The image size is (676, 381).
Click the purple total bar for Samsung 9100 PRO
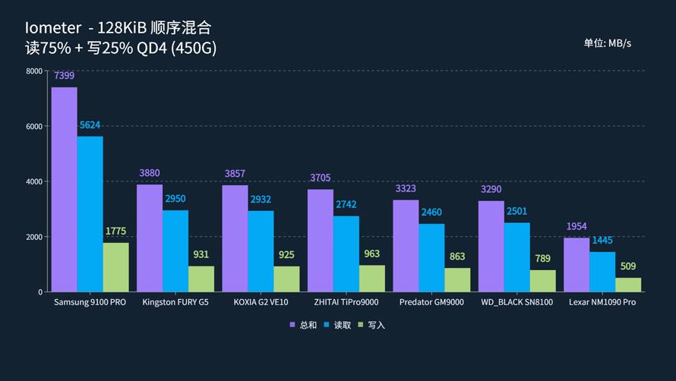64,189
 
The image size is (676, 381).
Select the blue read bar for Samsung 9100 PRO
90,213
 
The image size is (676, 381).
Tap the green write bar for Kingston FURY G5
201,279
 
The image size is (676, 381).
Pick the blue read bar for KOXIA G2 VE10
261,250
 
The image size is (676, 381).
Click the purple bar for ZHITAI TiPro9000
320,240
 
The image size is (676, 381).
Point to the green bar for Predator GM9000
457,279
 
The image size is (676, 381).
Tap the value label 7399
64,76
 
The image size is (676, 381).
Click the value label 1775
116,231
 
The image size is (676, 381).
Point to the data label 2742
346,204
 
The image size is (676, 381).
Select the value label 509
628,266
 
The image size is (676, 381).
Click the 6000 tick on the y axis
33,126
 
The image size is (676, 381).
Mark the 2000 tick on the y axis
33,237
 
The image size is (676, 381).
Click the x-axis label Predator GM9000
431,302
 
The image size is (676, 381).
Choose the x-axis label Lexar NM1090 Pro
602,302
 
